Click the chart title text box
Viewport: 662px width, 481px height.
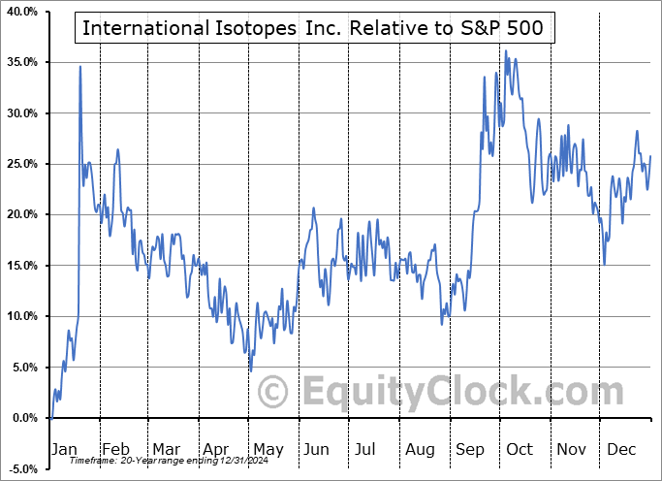coord(315,28)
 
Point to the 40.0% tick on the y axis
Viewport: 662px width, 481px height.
coord(22,12)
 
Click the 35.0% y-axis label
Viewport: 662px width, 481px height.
coord(22,62)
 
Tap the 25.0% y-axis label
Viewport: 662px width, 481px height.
coord(22,164)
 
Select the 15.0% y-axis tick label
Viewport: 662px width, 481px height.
coord(22,266)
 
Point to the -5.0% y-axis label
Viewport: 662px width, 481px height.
coord(23,468)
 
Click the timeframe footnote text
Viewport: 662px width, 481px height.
coord(157,461)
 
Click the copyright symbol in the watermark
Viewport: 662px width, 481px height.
coord(272,393)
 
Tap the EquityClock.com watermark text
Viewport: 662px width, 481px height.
coord(450,393)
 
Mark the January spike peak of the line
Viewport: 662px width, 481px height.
coord(80,66)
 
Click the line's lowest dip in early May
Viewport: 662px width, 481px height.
coord(251,370)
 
